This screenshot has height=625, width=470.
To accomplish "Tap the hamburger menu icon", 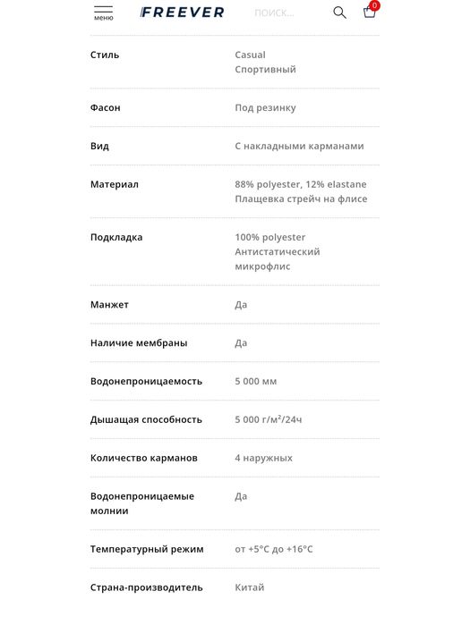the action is [103, 10].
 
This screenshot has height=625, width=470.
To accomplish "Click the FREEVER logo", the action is [183, 13].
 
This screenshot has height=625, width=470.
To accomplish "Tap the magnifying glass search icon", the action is [339, 13].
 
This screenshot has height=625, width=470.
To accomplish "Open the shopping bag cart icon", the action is [369, 13].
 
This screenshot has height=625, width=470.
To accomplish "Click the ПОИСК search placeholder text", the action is [274, 13].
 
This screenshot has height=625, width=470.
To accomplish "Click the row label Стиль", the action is [105, 55].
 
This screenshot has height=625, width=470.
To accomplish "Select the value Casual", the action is [250, 55].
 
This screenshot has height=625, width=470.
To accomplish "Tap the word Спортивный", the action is [265, 70].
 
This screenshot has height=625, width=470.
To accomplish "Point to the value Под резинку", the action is [265, 108].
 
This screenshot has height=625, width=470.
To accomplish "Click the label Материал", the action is [115, 185].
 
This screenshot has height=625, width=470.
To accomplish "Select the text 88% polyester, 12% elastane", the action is [300, 185].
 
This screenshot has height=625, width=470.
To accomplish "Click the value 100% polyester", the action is [270, 238].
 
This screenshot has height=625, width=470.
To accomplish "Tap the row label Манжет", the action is [109, 305].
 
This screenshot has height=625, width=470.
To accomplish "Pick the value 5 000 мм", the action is [256, 382].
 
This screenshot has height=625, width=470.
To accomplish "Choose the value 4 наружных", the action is [263, 459].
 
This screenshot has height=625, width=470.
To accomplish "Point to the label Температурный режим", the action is [147, 550].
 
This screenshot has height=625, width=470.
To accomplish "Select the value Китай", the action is [250, 588].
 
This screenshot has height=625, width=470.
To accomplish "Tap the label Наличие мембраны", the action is [139, 343].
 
